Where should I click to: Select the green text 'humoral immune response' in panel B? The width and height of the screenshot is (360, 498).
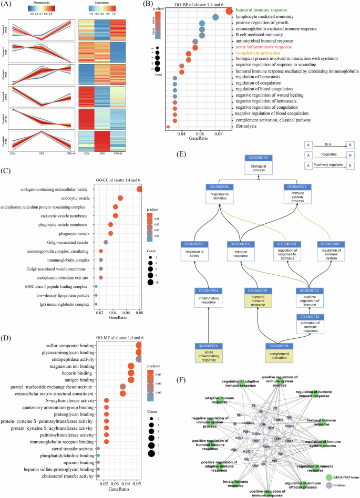pyautogui.click(x=265, y=11)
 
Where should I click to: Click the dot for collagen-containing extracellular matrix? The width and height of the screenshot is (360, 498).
pyautogui.click(x=139, y=190)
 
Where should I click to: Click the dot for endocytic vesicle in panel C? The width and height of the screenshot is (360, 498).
pyautogui.click(x=120, y=199)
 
